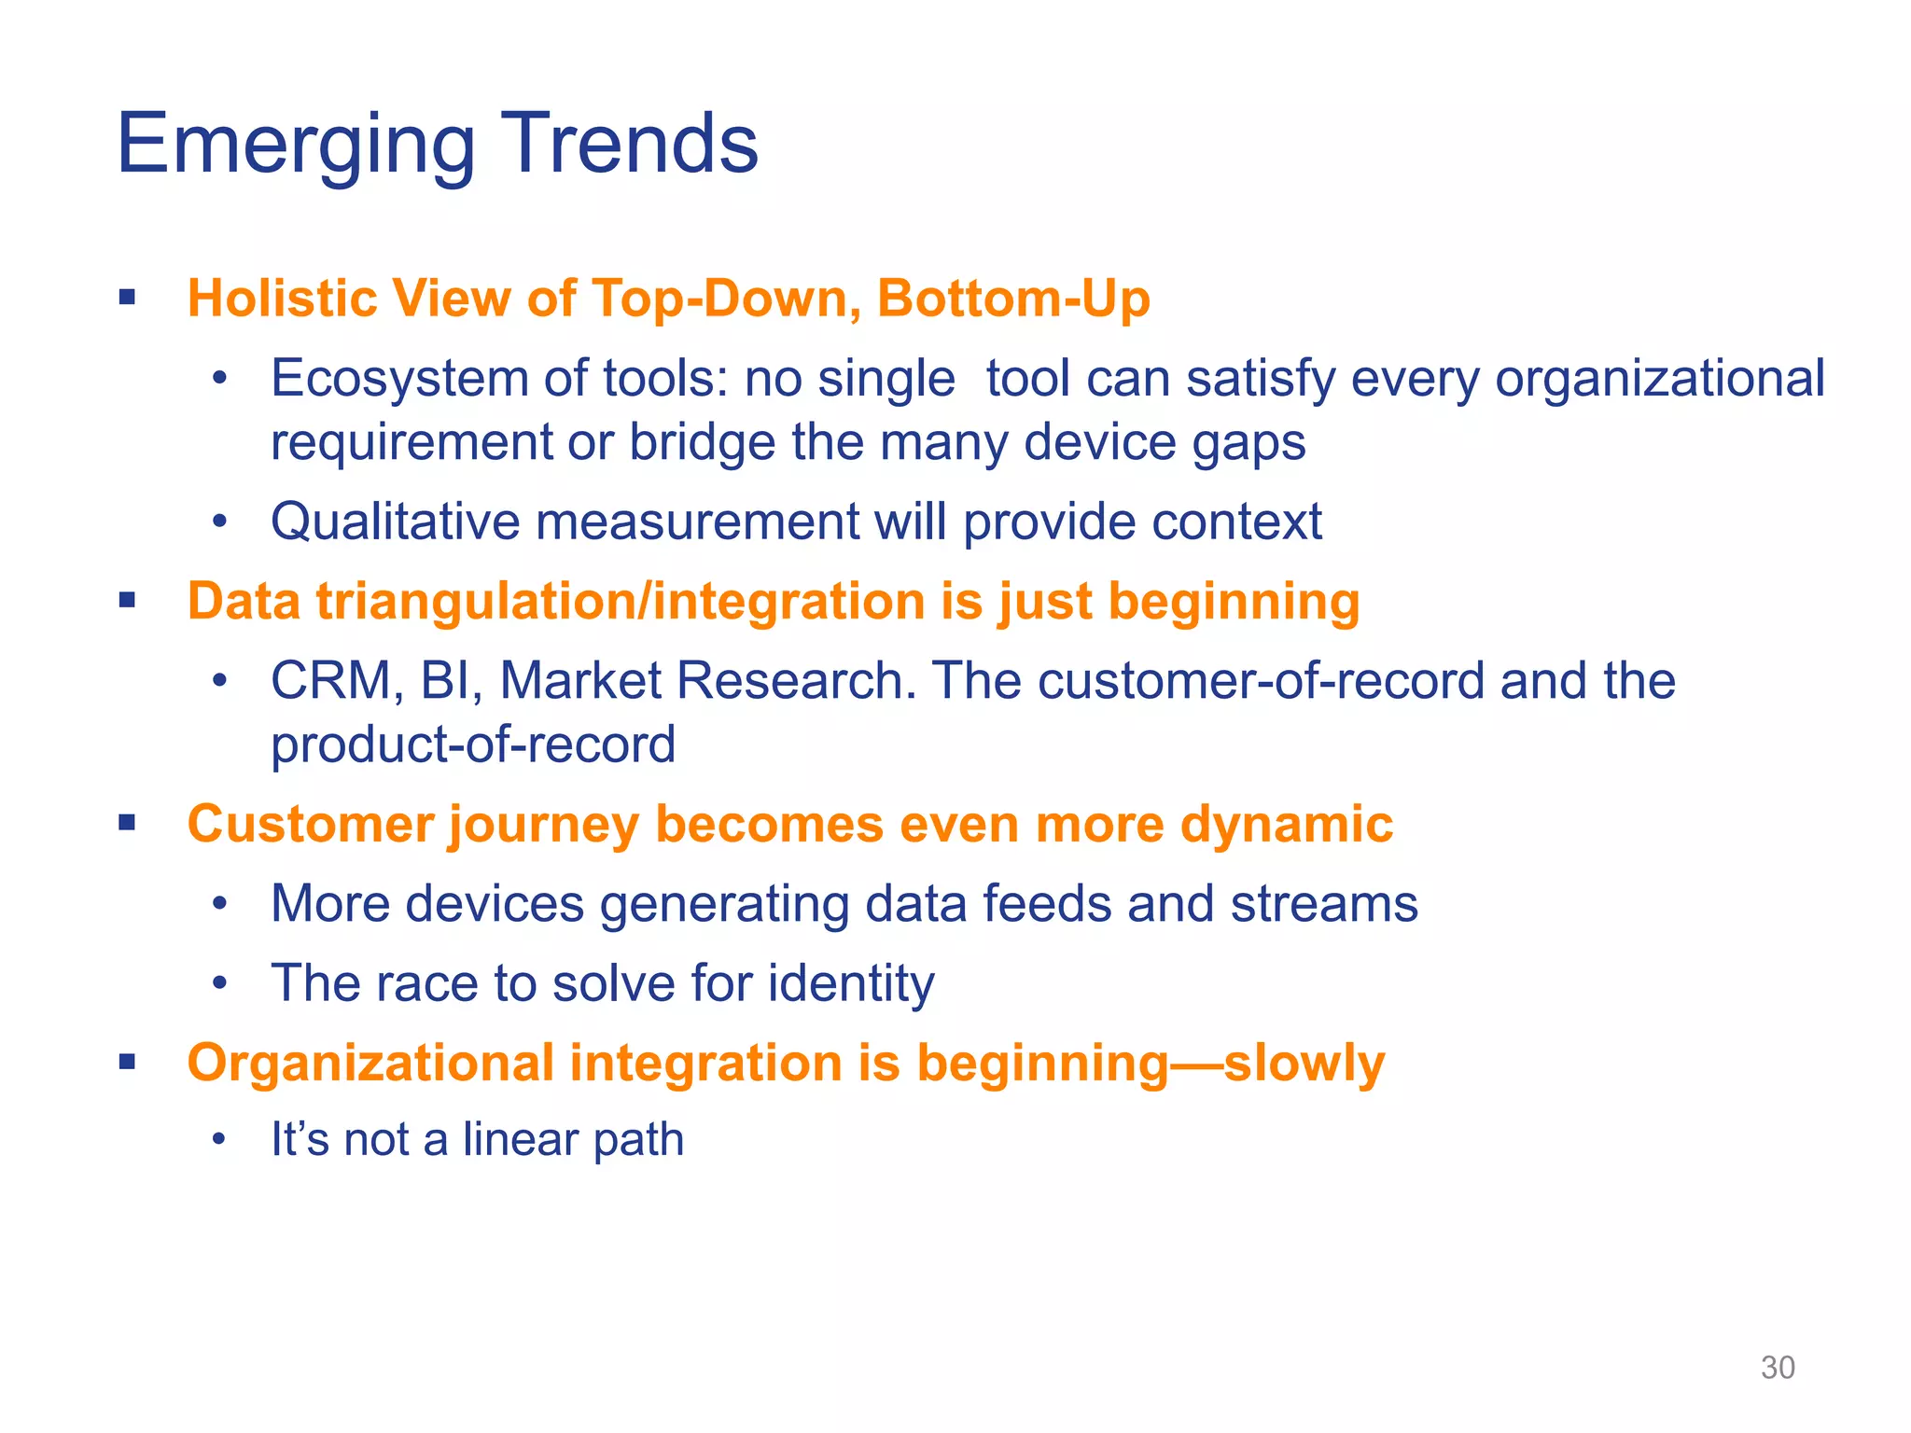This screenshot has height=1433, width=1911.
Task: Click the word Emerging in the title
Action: [x=295, y=146]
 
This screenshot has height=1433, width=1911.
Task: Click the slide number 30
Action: [x=1777, y=1368]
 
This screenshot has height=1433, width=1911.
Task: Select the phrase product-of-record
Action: [x=473, y=744]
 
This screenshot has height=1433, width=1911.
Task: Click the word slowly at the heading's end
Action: [x=1304, y=1064]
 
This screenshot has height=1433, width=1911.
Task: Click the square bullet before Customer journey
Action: [x=128, y=823]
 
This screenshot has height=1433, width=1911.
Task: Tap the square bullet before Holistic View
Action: [x=128, y=299]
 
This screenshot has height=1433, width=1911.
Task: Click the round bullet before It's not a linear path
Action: [x=219, y=1140]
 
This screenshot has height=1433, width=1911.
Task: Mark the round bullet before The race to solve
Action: [x=219, y=983]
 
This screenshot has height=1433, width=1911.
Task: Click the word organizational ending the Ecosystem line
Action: [x=1659, y=381]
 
